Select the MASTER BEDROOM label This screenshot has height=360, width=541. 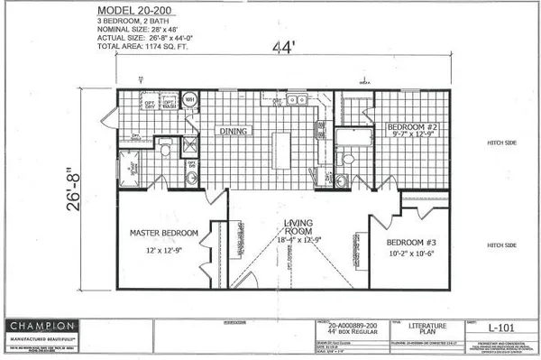click(x=162, y=233)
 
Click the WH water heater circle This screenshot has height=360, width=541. click(x=191, y=99)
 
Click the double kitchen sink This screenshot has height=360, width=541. click(x=295, y=100)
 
